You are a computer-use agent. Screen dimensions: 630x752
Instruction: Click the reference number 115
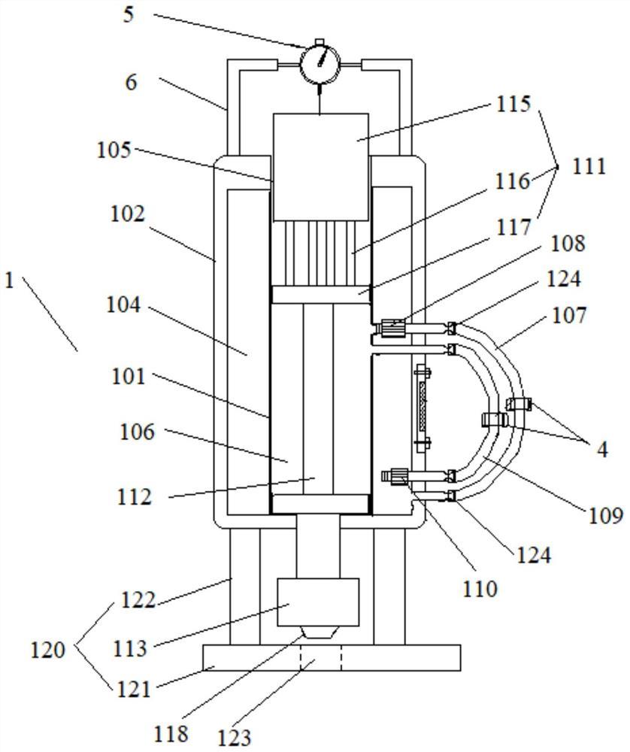[513, 104]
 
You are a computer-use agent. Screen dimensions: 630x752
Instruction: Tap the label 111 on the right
[589, 166]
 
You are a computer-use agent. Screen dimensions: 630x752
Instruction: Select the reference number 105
[114, 150]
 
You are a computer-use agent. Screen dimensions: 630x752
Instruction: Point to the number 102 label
[128, 214]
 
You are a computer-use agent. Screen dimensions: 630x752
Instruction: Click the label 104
[123, 305]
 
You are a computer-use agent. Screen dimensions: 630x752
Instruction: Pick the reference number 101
[129, 377]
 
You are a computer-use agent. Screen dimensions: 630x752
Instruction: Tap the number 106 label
[137, 432]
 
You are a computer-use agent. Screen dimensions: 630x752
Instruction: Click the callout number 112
[135, 496]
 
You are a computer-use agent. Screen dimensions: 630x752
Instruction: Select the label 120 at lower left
[47, 650]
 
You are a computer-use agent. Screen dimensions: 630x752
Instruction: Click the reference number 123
[235, 737]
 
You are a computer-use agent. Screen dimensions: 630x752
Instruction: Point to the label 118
[171, 733]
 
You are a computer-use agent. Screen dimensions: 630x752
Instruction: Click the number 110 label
[480, 589]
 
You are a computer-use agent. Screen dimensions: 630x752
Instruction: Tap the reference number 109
[605, 515]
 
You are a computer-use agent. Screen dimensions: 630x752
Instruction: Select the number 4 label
[602, 450]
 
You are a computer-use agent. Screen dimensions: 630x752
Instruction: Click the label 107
[569, 316]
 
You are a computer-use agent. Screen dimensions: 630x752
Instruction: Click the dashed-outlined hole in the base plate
[321, 658]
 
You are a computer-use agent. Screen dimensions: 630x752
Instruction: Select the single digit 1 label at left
[9, 280]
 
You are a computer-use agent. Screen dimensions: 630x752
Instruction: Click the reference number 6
[131, 82]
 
